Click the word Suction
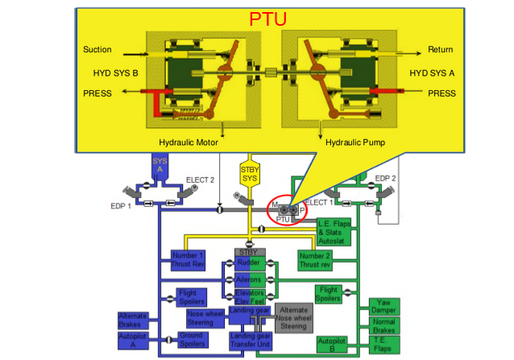[x=97, y=50]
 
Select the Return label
[x=441, y=50]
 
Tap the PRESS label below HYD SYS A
[x=441, y=93]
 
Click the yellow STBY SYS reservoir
[x=249, y=174]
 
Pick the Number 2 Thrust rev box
[x=314, y=260]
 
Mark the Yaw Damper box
[x=383, y=307]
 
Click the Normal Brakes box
[x=383, y=326]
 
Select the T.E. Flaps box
[x=383, y=345]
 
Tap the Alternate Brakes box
[x=133, y=320]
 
